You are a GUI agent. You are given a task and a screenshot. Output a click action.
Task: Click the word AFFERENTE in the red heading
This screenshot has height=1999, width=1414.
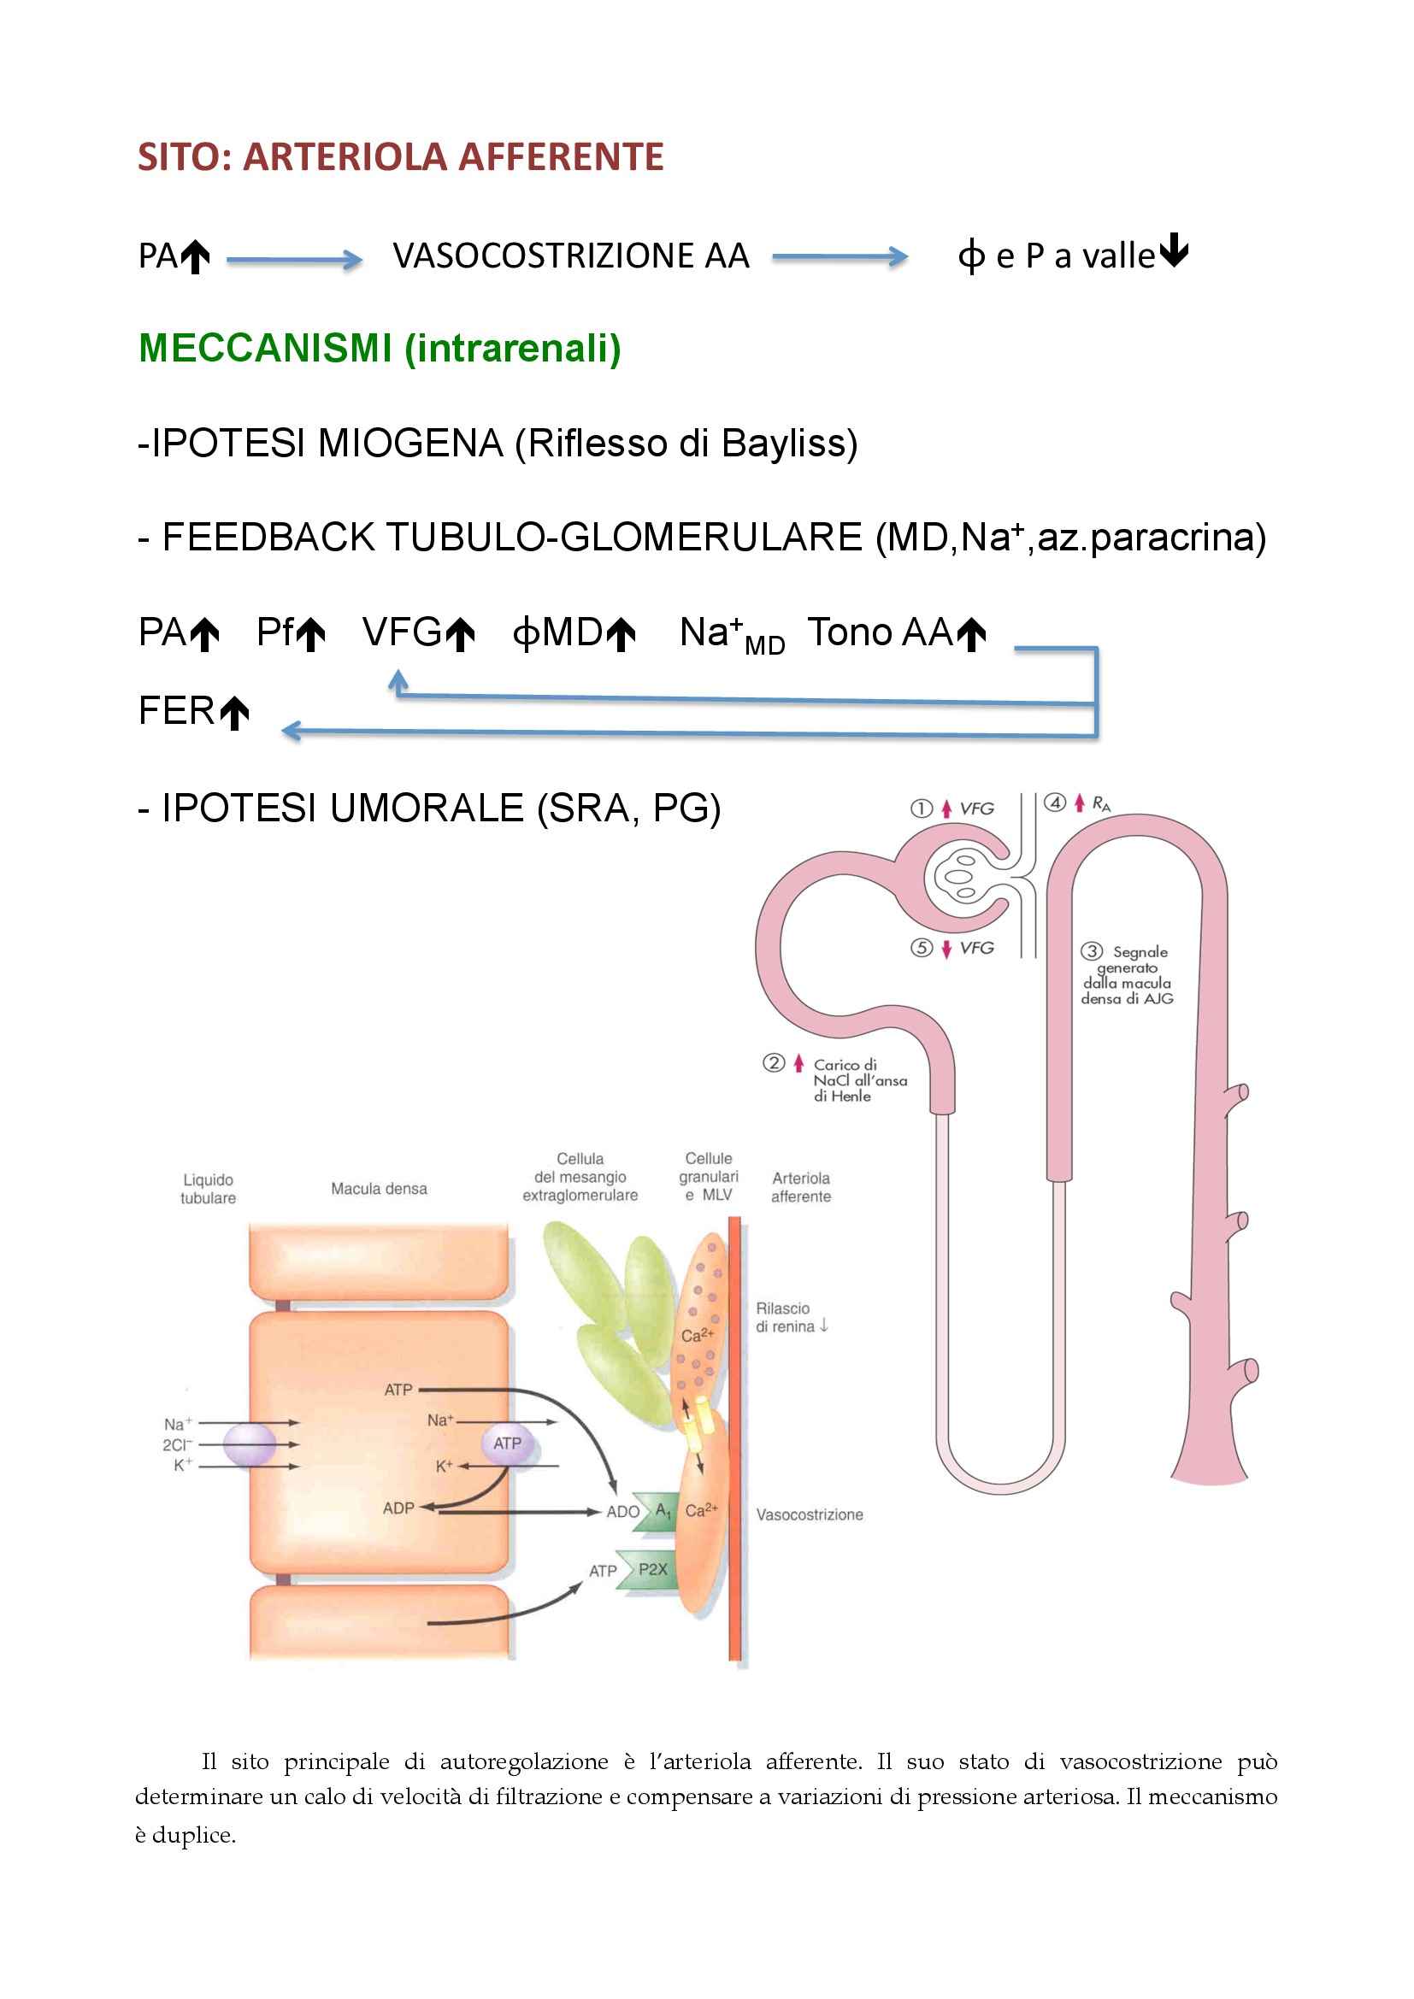pos(561,157)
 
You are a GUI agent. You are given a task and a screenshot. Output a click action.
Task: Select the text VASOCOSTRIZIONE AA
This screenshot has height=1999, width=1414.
pos(570,256)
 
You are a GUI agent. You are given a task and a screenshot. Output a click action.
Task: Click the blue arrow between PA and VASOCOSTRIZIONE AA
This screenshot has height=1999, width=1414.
pos(294,259)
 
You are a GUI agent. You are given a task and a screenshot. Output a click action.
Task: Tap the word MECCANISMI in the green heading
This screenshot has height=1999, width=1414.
pos(265,348)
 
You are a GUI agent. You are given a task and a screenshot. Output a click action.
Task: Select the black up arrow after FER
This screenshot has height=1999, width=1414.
pos(234,713)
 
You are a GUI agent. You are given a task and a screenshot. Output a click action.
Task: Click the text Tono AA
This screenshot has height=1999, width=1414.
pos(880,633)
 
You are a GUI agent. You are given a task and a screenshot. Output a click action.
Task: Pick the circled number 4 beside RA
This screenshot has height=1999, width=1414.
pos(1054,803)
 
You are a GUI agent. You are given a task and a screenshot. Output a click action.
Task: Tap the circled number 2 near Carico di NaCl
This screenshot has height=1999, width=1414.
pos(773,1063)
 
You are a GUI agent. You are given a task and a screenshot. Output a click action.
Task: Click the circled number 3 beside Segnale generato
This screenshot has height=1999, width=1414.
pos(1092,951)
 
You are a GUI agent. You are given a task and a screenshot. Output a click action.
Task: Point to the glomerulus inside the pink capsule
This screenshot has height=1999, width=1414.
pos(963,877)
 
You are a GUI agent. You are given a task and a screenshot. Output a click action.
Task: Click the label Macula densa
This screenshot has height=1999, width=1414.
pos(379,1189)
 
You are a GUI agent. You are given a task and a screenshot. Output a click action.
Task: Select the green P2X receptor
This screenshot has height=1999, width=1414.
pos(650,1570)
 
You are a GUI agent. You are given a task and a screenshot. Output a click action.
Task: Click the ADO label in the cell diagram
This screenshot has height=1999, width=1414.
pos(622,1512)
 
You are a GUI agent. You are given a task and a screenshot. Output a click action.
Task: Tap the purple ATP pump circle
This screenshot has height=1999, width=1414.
pos(507,1443)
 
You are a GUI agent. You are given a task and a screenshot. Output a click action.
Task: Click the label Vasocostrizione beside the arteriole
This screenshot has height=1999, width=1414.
pos(809,1515)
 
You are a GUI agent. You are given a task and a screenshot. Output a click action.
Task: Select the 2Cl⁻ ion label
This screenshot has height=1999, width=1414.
pos(177,1445)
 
